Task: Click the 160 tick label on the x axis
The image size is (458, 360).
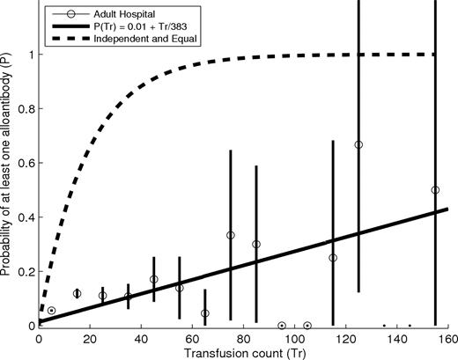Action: click(448, 338)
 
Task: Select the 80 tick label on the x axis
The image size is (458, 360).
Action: click(243, 338)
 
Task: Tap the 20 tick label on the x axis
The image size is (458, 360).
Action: click(90, 338)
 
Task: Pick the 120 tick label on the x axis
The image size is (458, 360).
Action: click(346, 338)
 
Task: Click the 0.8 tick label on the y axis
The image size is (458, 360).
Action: click(26, 109)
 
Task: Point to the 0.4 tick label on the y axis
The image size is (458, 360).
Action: click(26, 217)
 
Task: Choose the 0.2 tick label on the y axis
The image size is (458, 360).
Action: click(26, 271)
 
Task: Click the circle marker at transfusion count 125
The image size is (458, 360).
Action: click(358, 144)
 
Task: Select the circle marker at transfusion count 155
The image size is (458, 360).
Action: click(435, 190)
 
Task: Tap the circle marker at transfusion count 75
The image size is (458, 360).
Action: click(231, 235)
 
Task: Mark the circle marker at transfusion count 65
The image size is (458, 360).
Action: click(205, 313)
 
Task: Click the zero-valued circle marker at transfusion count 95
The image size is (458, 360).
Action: click(282, 325)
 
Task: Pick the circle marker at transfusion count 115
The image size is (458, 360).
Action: click(333, 258)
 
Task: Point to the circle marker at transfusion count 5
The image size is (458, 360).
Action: click(51, 311)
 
